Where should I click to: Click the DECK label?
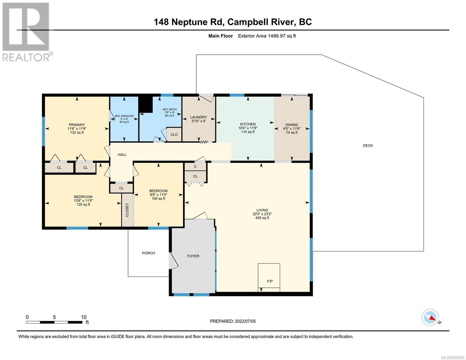point(368,145)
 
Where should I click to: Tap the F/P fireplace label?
point(269,281)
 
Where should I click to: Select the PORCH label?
point(149,253)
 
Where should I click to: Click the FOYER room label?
point(193,256)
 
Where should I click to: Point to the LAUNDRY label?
point(198,117)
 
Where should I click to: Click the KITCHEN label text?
point(248,124)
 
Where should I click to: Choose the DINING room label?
point(291,124)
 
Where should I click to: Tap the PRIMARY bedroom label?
point(77,124)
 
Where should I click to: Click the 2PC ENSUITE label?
point(124,116)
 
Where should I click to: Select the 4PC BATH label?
point(170,109)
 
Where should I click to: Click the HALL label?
point(122,154)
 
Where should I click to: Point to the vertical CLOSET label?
point(127,210)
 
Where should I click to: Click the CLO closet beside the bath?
point(174,134)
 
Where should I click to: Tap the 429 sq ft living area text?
point(262,217)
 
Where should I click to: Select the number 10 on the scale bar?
point(84,317)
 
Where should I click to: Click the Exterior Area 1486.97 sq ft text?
point(267,36)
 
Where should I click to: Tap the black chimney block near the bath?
point(146,104)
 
